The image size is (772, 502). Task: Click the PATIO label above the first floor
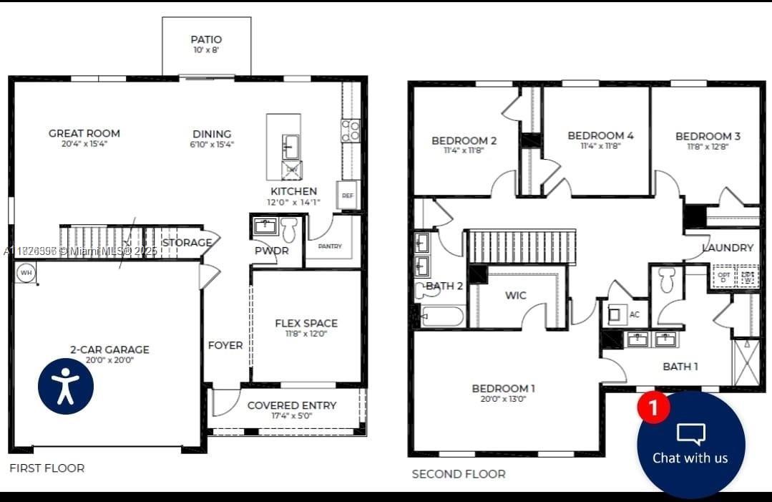click(x=206, y=39)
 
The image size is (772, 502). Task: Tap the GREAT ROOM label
click(x=84, y=133)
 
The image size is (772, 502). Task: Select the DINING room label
click(x=212, y=134)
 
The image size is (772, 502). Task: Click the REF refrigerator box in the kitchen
click(x=348, y=195)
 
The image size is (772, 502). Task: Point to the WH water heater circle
click(x=26, y=273)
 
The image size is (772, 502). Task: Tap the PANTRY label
click(x=330, y=246)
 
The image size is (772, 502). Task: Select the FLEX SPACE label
click(x=306, y=323)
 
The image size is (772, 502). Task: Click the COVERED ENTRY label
click(x=291, y=405)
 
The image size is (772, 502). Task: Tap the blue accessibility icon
click(x=66, y=387)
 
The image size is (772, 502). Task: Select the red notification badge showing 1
click(x=653, y=407)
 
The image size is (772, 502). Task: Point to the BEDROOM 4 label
click(x=600, y=135)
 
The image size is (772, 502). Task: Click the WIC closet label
click(x=515, y=295)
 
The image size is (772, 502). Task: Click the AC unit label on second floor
click(x=634, y=314)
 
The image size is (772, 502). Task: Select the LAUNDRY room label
click(x=728, y=248)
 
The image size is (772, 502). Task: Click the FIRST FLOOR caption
click(x=47, y=468)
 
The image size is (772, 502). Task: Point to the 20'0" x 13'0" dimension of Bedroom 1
click(x=503, y=400)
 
